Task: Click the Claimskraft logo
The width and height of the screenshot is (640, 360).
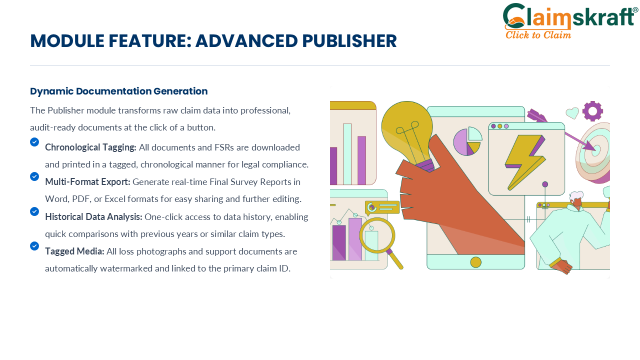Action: (x=570, y=20)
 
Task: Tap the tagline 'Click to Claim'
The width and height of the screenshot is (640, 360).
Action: (x=538, y=35)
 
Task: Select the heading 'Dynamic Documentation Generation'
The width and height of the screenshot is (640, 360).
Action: (x=119, y=91)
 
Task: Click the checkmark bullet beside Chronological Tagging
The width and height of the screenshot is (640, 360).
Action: (x=34, y=142)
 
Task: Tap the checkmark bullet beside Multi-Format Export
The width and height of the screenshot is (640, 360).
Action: (x=34, y=176)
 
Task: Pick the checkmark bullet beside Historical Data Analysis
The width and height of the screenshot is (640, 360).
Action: (x=34, y=211)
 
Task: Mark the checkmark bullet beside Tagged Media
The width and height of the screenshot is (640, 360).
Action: (x=34, y=246)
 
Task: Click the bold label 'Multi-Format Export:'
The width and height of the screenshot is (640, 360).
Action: (x=87, y=182)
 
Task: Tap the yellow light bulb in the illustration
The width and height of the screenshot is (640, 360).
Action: (x=407, y=134)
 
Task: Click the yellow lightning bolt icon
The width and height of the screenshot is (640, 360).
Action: (x=525, y=162)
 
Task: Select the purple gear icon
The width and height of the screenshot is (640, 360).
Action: (x=593, y=111)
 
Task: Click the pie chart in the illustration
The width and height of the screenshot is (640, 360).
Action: (x=467, y=141)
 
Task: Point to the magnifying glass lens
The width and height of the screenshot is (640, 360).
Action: (x=377, y=235)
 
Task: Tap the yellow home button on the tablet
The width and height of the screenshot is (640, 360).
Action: (x=475, y=262)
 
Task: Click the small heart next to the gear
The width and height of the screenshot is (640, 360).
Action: (x=572, y=113)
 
